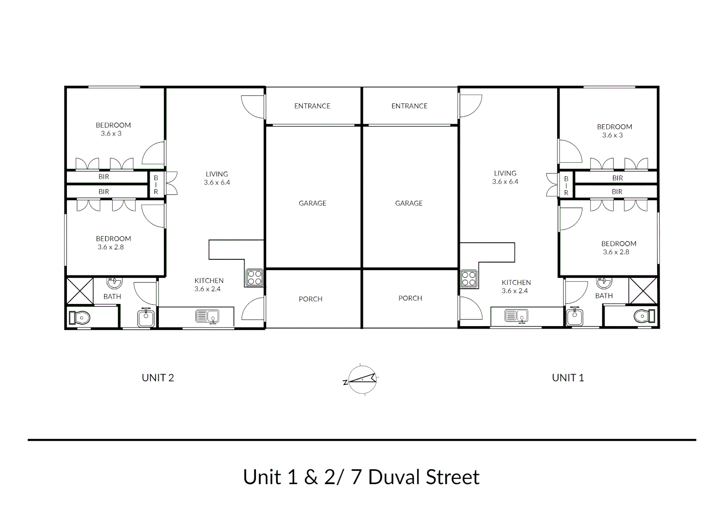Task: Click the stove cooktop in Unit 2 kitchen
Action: coord(254,278)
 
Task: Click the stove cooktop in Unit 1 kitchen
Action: coord(469,279)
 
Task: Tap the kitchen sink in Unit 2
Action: coord(208,316)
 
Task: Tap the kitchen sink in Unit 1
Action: coord(516,315)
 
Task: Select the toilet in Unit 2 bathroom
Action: coord(80,317)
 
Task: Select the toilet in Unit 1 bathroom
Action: coord(644,316)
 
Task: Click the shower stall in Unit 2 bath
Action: coord(80,291)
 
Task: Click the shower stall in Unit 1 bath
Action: coord(643,290)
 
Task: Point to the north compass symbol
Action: coord(362,380)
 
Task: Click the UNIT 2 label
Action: coord(158,378)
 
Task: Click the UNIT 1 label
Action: coord(568,378)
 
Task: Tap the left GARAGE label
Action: coord(312,203)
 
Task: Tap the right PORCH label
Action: coord(410,298)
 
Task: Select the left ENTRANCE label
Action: coord(312,106)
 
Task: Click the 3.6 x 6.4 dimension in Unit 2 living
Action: coord(217,183)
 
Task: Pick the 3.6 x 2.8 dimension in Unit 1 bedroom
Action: coord(616,252)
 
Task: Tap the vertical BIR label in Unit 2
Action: coord(156,184)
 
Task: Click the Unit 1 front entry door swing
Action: coord(470,105)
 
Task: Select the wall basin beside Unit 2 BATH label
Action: coord(114,283)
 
